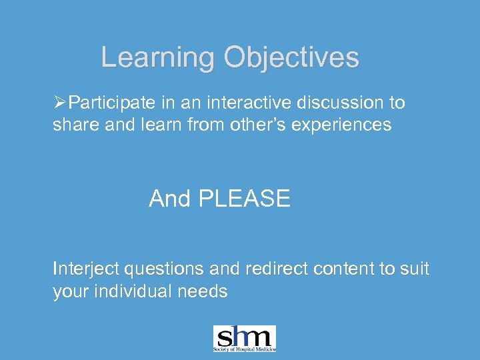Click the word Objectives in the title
click(291, 58)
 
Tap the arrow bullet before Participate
click(60, 103)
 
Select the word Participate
click(112, 103)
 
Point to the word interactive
click(242, 103)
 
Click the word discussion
click(340, 103)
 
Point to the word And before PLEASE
click(171, 199)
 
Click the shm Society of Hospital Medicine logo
click(244, 338)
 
